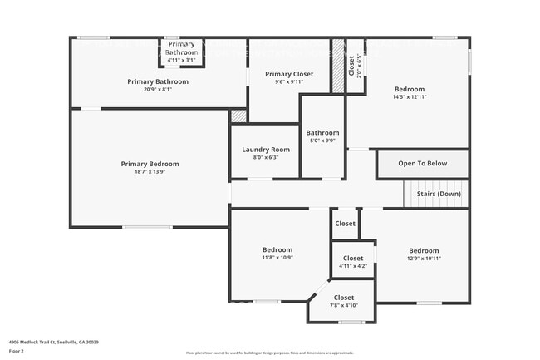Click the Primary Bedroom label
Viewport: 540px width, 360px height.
tap(150, 164)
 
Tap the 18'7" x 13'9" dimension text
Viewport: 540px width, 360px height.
tap(150, 172)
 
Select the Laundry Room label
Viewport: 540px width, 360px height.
tap(265, 150)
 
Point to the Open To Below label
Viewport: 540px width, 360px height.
tap(422, 164)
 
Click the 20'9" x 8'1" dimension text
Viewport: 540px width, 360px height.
tap(157, 90)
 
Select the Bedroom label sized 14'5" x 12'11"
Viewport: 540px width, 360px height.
tap(409, 90)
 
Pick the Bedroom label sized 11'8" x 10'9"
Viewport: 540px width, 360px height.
tap(277, 249)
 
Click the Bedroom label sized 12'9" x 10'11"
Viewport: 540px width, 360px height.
tap(424, 250)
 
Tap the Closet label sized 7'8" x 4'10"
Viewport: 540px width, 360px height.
tap(344, 298)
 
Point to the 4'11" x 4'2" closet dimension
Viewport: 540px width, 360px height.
tap(353, 266)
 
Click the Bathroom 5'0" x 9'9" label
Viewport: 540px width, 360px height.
tap(322, 133)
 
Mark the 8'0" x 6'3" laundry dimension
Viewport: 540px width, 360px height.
tap(265, 157)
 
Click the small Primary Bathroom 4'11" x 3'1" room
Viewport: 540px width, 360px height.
tap(181, 52)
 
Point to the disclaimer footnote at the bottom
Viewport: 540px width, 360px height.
tap(269, 353)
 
